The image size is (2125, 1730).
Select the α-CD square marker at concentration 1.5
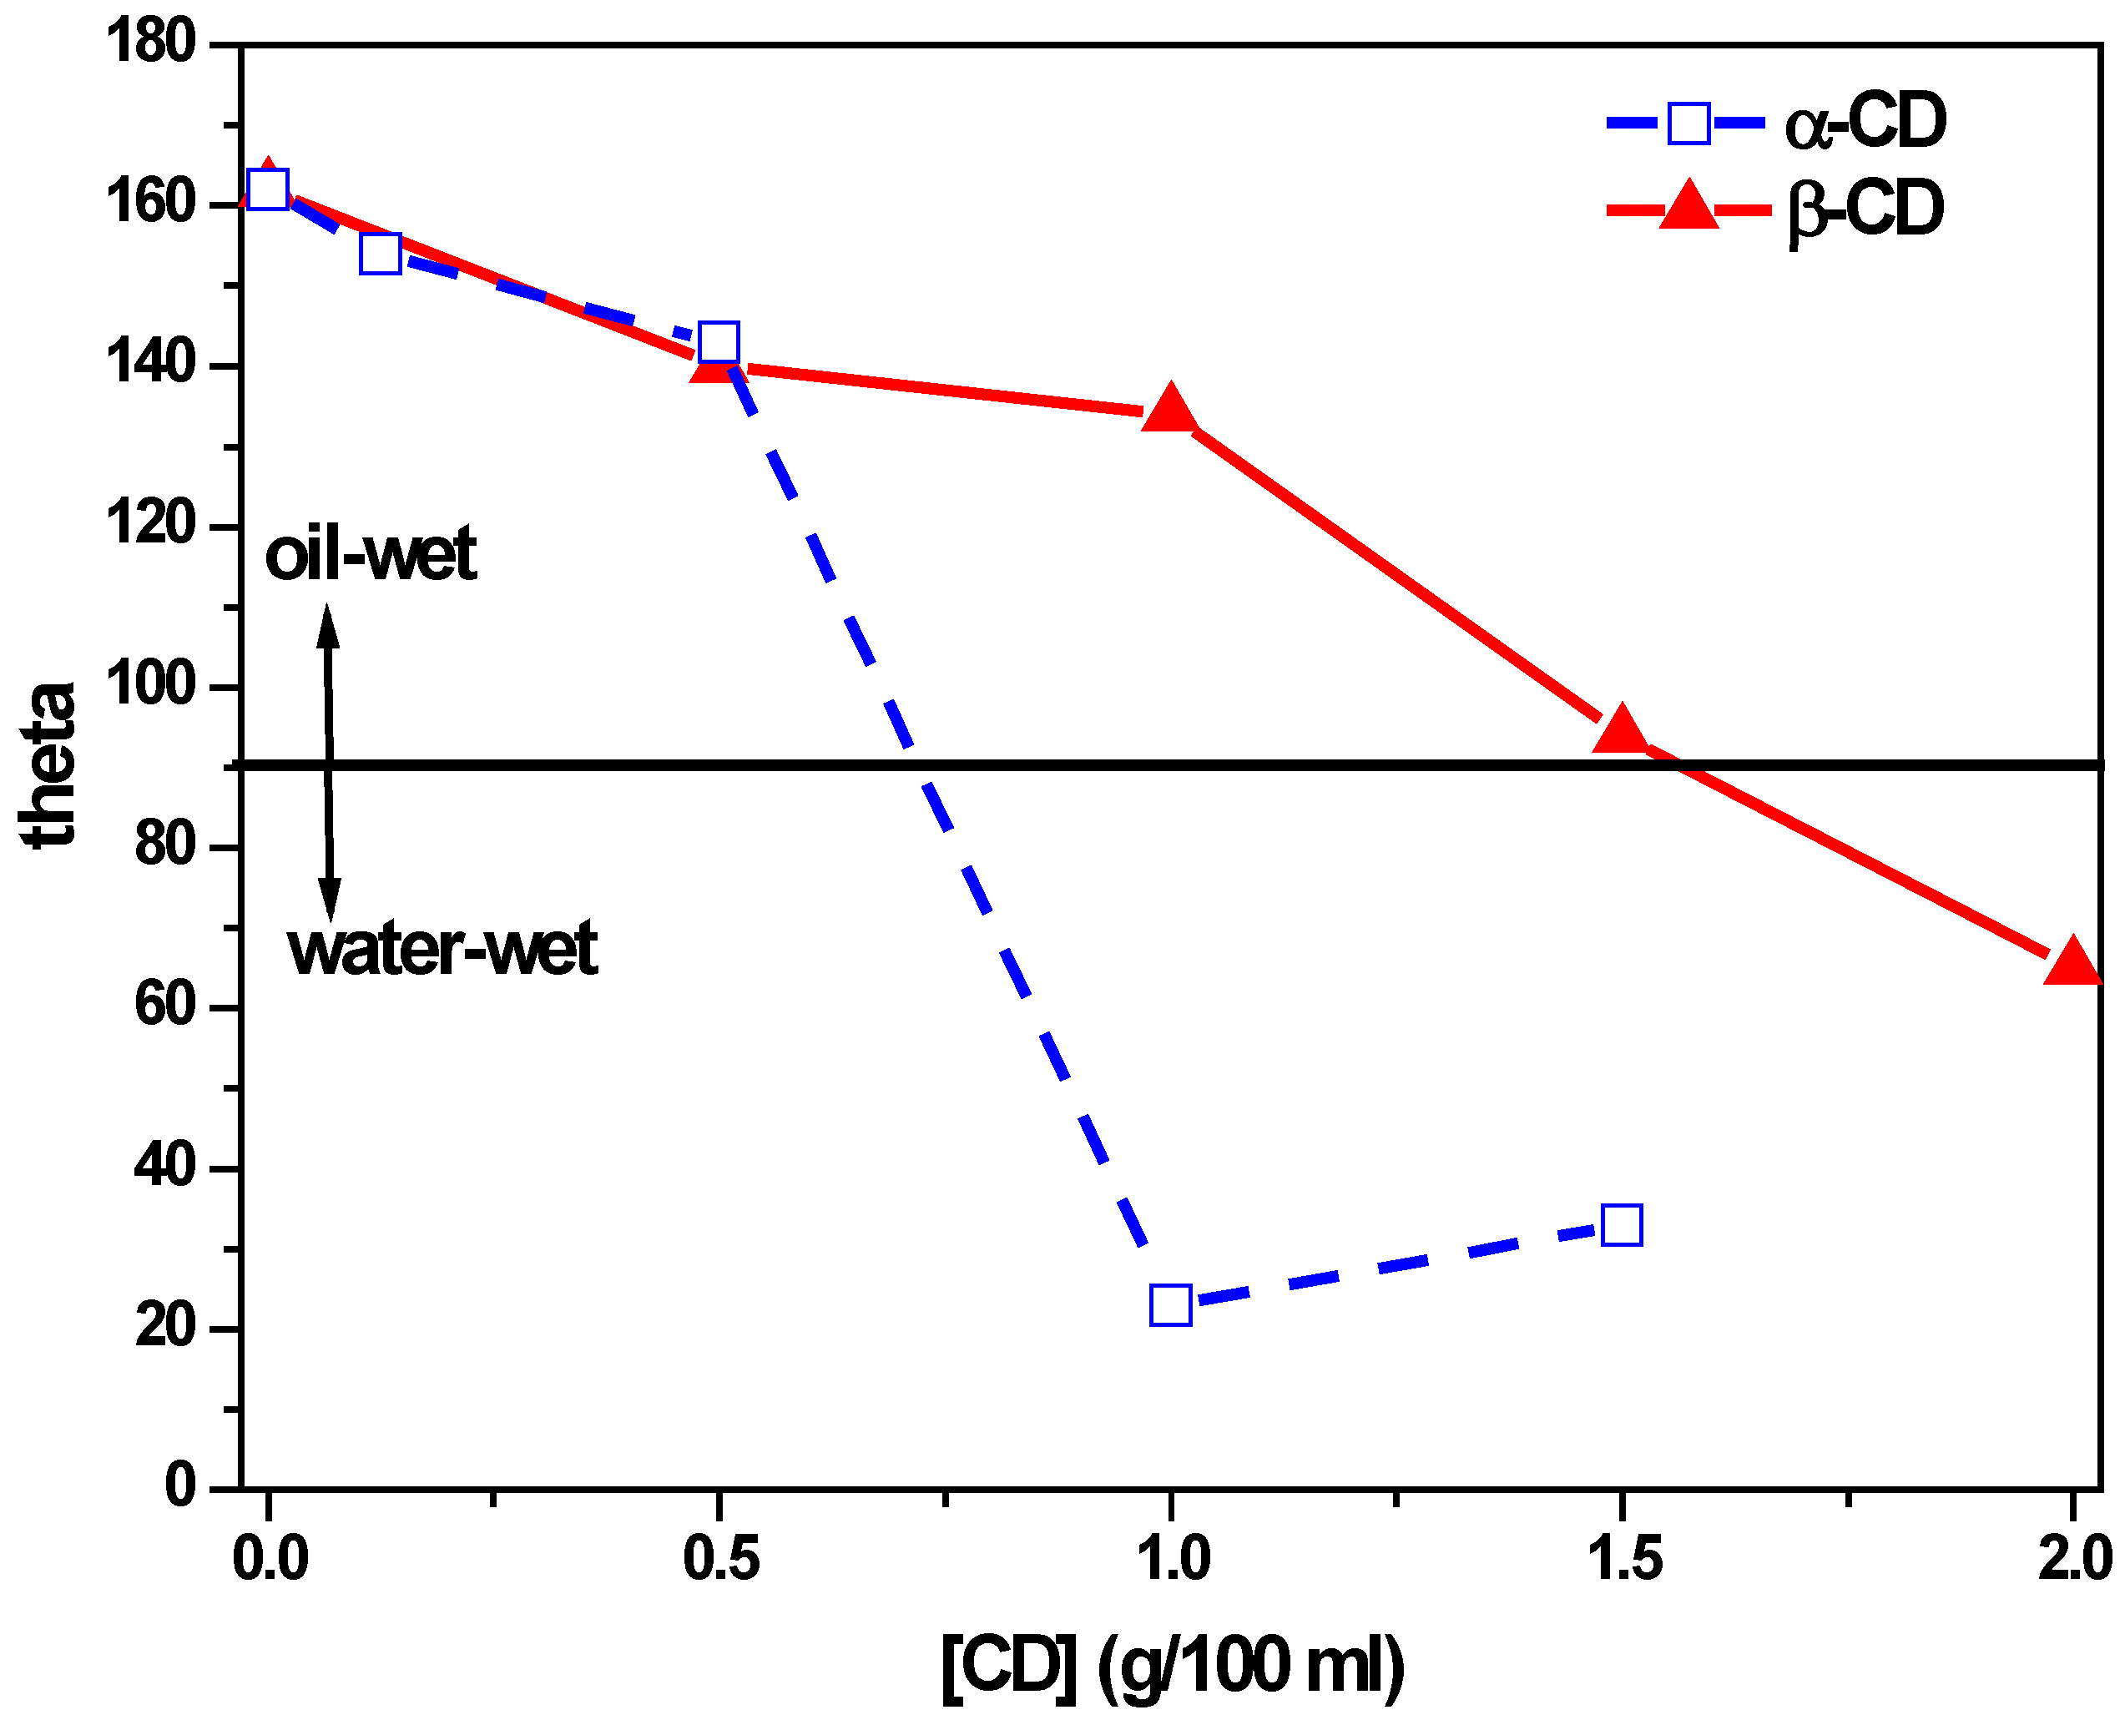1621,1225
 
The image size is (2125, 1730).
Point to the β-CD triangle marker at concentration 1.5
1621,730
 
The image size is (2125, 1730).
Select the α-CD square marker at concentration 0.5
719,342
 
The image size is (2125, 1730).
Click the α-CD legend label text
1864,123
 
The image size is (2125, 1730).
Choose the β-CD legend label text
1864,209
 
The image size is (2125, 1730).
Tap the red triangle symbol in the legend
1688,206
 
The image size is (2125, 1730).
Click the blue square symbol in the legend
1688,124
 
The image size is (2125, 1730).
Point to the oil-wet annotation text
370,554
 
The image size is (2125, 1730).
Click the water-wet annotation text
442,949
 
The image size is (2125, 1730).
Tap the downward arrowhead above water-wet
330,899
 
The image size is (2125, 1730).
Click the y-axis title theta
48,765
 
